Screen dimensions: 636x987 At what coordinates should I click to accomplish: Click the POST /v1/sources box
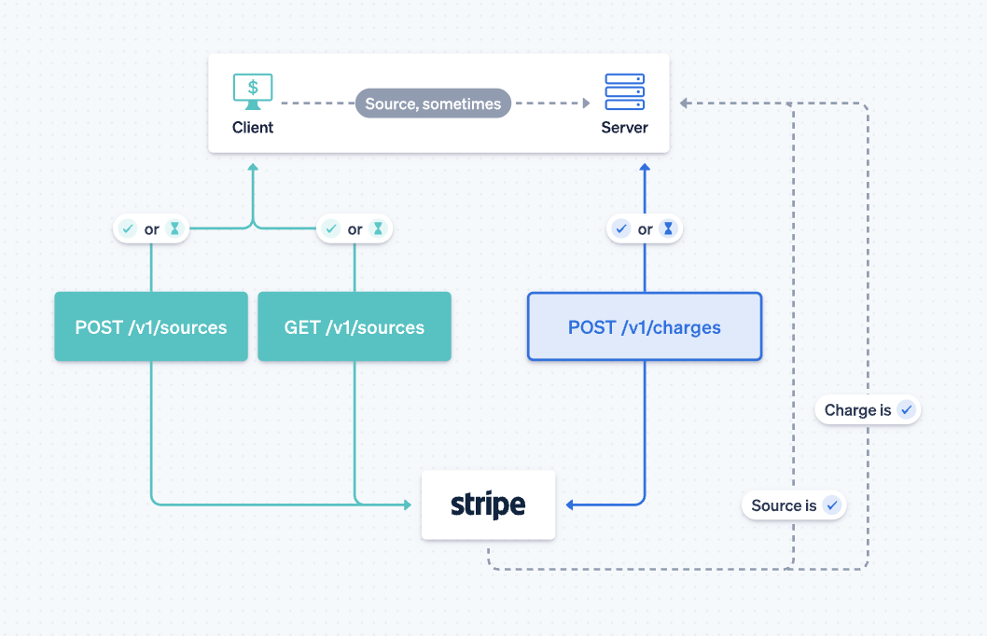[x=151, y=326]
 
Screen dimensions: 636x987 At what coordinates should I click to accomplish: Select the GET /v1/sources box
[x=354, y=326]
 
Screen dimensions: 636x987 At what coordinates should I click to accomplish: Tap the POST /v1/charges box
[x=645, y=326]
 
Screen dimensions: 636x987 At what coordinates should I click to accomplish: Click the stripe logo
[x=488, y=505]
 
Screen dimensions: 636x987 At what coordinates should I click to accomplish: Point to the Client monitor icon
[x=253, y=91]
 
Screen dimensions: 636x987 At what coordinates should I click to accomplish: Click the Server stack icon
[x=625, y=91]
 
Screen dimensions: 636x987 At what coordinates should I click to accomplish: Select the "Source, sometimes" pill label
[x=433, y=104]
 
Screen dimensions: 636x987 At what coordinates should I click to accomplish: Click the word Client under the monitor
[x=253, y=128]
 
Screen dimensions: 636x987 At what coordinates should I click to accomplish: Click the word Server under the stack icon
[x=625, y=128]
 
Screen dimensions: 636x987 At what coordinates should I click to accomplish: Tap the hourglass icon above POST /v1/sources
[x=174, y=228]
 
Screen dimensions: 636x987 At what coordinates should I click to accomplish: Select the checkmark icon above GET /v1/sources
[x=331, y=228]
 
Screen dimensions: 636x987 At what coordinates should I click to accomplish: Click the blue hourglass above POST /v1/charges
[x=668, y=228]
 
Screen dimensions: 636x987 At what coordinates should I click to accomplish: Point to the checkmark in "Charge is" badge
[x=905, y=410]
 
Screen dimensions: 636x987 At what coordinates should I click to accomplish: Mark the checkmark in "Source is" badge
[x=831, y=505]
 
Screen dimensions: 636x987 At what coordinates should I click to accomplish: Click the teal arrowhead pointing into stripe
[x=407, y=505]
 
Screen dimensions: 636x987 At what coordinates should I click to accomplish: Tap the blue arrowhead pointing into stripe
[x=571, y=505]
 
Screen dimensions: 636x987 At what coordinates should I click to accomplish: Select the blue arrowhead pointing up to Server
[x=645, y=168]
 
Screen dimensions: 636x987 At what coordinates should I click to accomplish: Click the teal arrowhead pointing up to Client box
[x=252, y=168]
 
